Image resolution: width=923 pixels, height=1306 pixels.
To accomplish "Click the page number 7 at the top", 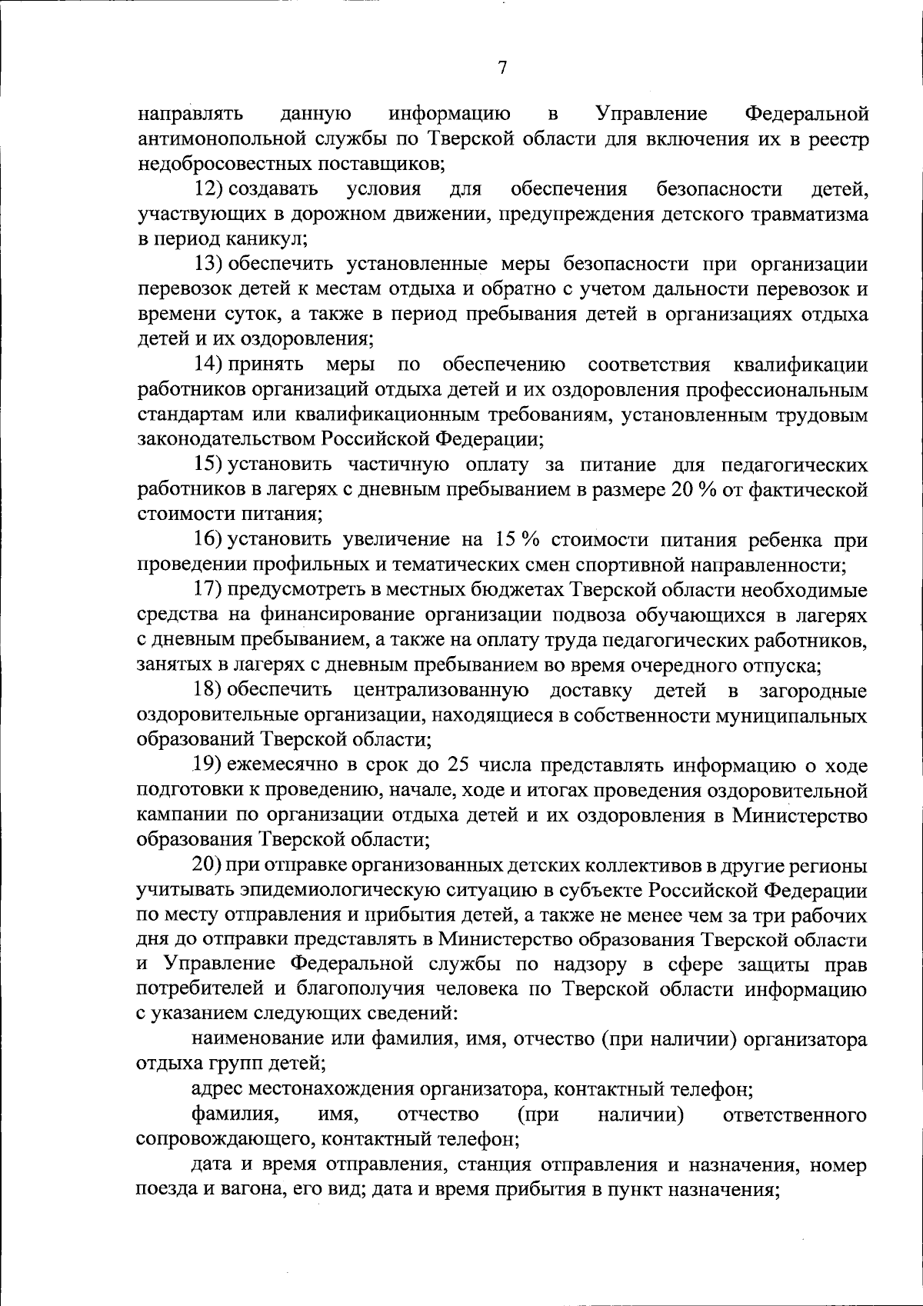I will pos(502,68).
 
